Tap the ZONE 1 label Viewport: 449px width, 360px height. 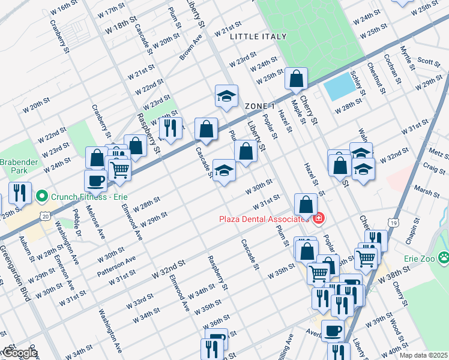tap(259, 106)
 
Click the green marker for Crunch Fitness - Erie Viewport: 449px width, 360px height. tap(41, 196)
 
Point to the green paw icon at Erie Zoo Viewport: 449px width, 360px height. tap(444, 259)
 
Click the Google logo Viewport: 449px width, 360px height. tap(20, 352)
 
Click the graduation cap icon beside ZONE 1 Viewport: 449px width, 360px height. tap(226, 96)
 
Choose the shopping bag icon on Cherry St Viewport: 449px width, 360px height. tap(296, 78)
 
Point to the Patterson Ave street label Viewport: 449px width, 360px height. tap(116, 265)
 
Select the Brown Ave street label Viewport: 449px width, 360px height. tap(191, 50)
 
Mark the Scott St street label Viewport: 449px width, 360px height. tap(429, 61)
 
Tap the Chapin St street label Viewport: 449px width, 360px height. tap(410, 230)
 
